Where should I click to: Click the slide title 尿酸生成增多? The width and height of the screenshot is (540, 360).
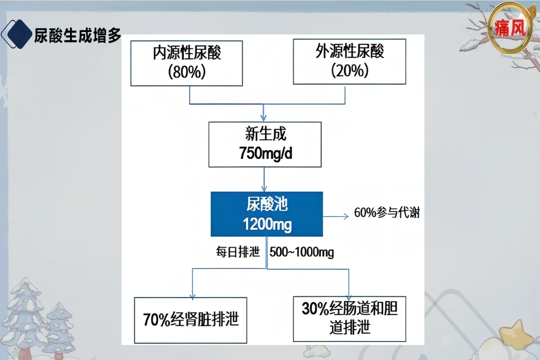[77, 35]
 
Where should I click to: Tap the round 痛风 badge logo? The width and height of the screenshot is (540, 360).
[510, 28]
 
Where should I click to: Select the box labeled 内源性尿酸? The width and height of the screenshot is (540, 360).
[186, 63]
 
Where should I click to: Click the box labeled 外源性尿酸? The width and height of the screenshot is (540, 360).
[349, 61]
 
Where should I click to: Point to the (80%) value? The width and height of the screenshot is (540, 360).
[187, 71]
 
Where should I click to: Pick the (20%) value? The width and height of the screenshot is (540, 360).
[349, 71]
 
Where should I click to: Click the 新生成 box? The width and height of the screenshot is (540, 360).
[265, 144]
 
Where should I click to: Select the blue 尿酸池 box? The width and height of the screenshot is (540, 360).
[266, 213]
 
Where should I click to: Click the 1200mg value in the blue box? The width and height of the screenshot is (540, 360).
[267, 224]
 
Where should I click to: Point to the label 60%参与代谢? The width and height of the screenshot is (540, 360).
[386, 213]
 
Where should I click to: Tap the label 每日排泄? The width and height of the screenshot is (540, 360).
[237, 252]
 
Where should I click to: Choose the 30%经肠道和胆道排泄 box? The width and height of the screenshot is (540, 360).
[349, 318]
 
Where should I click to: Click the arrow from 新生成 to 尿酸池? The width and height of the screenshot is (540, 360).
[264, 179]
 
